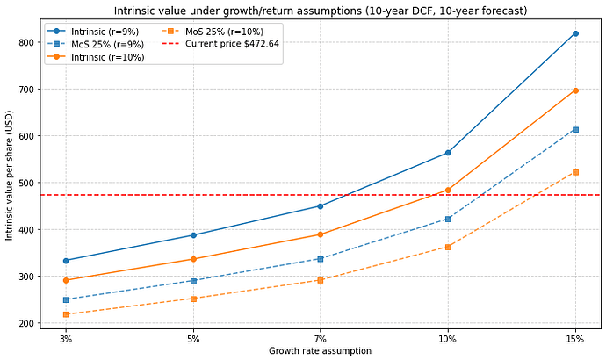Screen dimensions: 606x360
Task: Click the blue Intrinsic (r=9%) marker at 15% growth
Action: click(x=575, y=33)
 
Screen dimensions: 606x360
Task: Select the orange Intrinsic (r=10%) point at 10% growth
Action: click(x=448, y=190)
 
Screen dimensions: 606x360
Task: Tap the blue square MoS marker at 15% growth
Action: click(x=575, y=130)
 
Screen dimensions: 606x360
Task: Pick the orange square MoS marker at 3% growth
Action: click(x=66, y=314)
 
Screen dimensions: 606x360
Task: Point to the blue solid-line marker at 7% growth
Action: click(x=320, y=206)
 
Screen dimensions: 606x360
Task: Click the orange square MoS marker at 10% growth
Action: click(x=448, y=248)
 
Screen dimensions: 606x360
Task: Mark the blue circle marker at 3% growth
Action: click(x=66, y=261)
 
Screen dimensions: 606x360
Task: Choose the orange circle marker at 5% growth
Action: click(x=193, y=259)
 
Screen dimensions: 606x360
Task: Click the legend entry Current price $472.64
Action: click(x=220, y=44)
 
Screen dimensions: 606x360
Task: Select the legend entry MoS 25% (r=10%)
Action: click(x=213, y=32)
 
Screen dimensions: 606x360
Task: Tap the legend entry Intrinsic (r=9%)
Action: click(x=93, y=32)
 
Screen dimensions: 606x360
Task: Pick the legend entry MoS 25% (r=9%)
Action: click(x=96, y=44)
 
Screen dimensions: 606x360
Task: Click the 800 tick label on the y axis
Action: click(x=25, y=42)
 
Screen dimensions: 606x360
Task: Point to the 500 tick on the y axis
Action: click(x=25, y=183)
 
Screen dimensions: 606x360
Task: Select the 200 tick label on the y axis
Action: click(x=25, y=323)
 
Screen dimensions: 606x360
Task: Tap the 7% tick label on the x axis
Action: click(x=320, y=339)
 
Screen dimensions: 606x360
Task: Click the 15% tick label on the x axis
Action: click(x=575, y=339)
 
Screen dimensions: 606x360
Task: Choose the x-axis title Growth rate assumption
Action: click(x=320, y=350)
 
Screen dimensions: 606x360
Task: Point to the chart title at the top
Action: click(x=321, y=11)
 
